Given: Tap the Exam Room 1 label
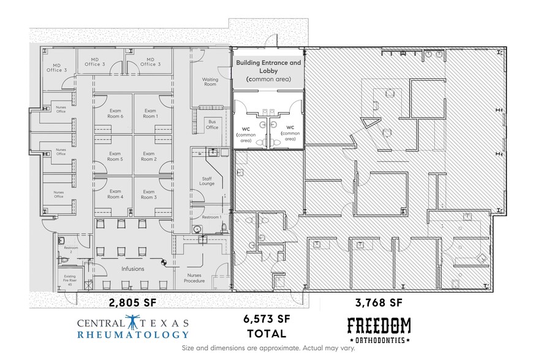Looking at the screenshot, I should [x=150, y=113].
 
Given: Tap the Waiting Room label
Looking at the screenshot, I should [x=210, y=81].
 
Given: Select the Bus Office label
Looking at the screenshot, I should [x=212, y=125].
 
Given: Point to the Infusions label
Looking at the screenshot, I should [x=132, y=268].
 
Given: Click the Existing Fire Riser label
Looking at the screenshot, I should [x=70, y=280].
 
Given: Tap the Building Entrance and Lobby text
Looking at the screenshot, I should [x=268, y=67].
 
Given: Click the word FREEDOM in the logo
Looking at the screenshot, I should [x=379, y=326].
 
